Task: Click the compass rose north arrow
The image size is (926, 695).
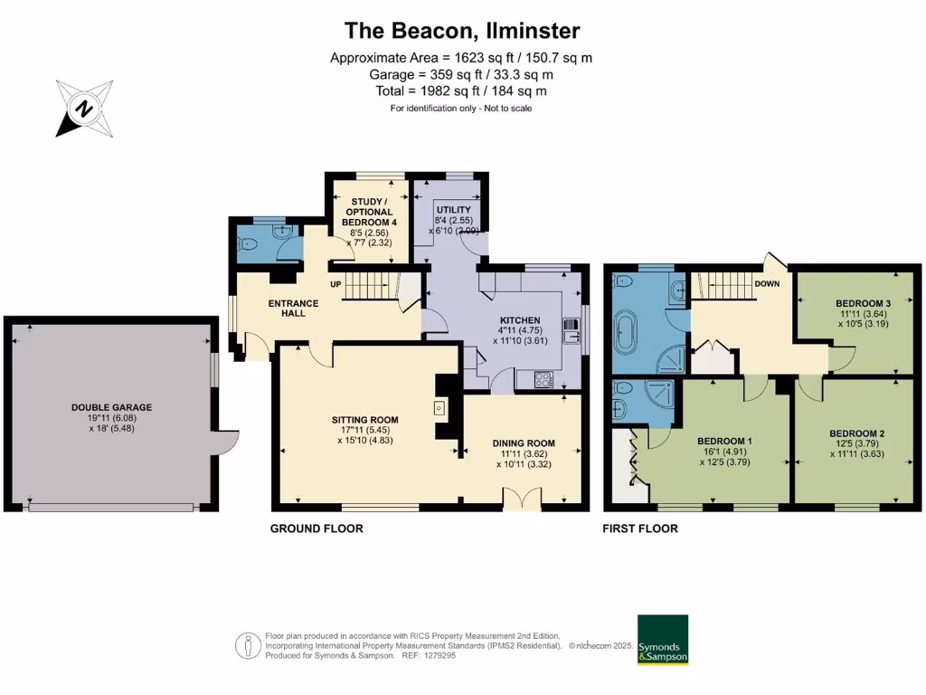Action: [x=84, y=109]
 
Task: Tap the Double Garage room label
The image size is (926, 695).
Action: [x=112, y=408]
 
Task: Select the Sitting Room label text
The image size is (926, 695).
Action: [x=364, y=420]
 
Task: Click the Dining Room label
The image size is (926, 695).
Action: [x=524, y=443]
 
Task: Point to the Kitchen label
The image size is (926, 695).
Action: [x=520, y=320]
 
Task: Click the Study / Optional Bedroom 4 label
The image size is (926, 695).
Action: [x=369, y=212]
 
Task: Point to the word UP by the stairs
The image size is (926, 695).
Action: [x=335, y=284]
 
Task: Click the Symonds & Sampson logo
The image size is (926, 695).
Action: [x=663, y=641]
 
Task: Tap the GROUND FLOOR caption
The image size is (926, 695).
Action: [x=317, y=528]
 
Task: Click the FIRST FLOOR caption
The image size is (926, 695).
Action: [x=640, y=528]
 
